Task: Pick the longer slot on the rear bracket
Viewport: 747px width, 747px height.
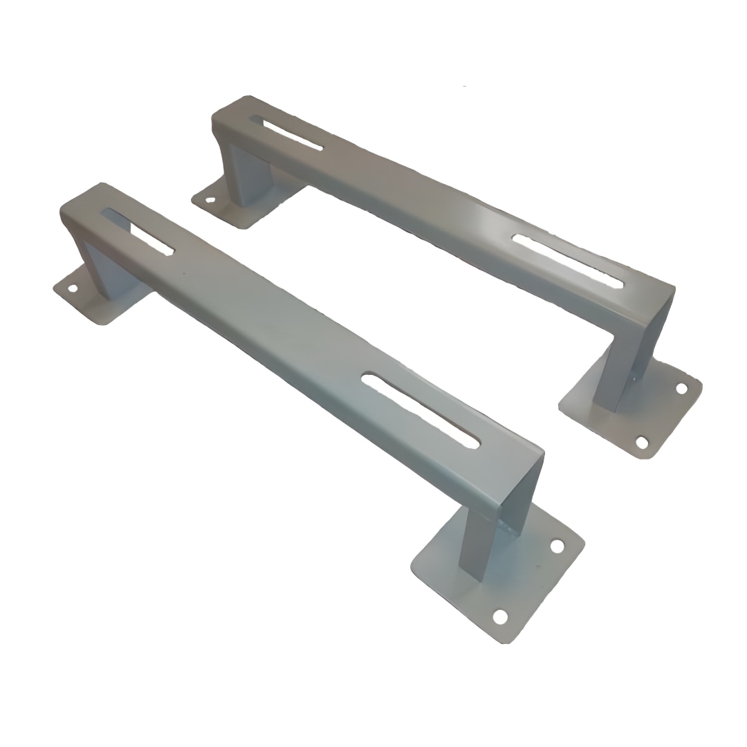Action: pos(567,261)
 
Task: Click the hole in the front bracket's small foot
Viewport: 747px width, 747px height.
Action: pos(72,288)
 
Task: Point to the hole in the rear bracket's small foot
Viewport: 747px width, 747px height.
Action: pos(210,200)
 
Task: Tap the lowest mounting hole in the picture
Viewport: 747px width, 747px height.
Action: pos(499,616)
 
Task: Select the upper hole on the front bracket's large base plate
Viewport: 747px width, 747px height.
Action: pos(557,546)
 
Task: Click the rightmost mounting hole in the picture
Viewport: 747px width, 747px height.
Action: pos(681,388)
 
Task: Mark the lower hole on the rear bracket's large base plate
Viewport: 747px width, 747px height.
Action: pos(642,441)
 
